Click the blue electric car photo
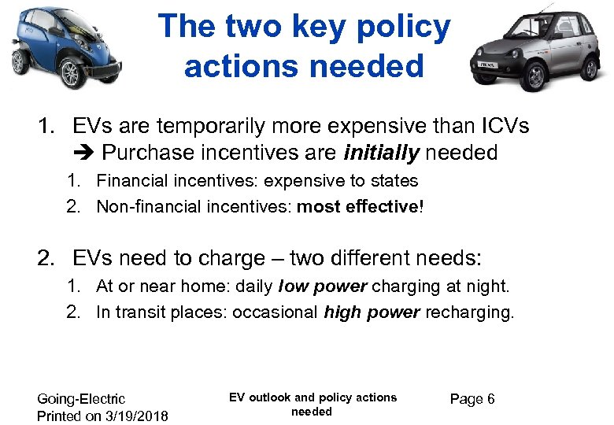(63, 46)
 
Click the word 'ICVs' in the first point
(500, 126)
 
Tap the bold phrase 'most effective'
(358, 207)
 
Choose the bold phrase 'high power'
(372, 312)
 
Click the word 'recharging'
(469, 312)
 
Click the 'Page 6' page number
(472, 399)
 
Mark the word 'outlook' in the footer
(270, 397)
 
